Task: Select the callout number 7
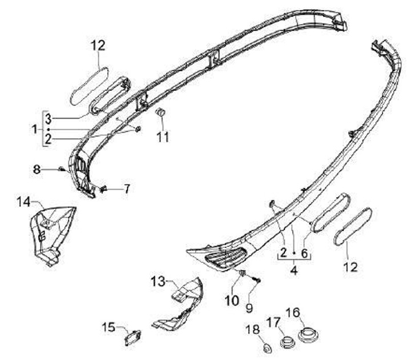click(x=127, y=187)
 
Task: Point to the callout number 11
click(x=163, y=137)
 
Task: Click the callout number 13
click(x=158, y=281)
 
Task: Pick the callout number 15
click(x=108, y=327)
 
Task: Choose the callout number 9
click(x=249, y=308)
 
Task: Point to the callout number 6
click(x=304, y=253)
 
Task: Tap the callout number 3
click(x=49, y=119)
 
